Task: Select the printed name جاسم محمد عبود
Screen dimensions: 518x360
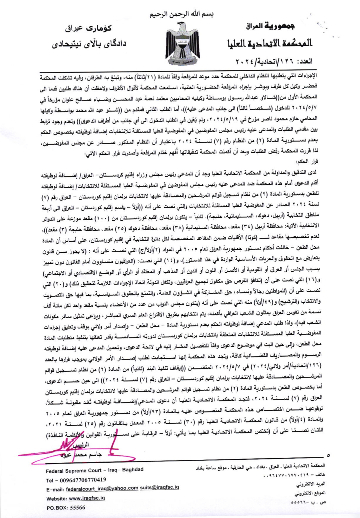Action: coord(80,455)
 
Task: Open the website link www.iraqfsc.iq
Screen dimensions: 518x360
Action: coord(87,498)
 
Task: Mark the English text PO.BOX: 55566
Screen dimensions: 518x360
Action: coord(66,508)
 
